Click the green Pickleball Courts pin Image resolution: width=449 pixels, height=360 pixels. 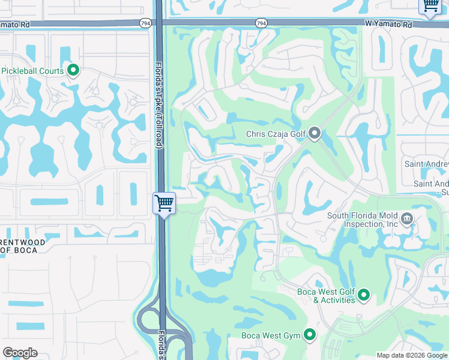73,71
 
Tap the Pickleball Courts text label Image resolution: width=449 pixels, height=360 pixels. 32,71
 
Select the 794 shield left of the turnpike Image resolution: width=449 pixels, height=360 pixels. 146,22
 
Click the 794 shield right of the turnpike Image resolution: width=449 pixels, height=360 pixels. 261,22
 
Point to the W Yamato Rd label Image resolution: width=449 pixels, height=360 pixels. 388,25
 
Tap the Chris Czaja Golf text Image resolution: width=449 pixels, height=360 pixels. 276,134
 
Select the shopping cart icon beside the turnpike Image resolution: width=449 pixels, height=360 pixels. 164,203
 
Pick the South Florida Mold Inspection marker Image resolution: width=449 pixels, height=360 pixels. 407,217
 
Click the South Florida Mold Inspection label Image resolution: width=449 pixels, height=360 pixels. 363,220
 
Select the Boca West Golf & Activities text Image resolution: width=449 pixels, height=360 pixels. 327,296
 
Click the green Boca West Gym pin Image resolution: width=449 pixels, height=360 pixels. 310,335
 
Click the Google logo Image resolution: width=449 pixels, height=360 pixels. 20,353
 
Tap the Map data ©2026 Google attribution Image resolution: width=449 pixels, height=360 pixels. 412,355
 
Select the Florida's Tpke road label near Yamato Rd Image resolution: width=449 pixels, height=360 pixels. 159,96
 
